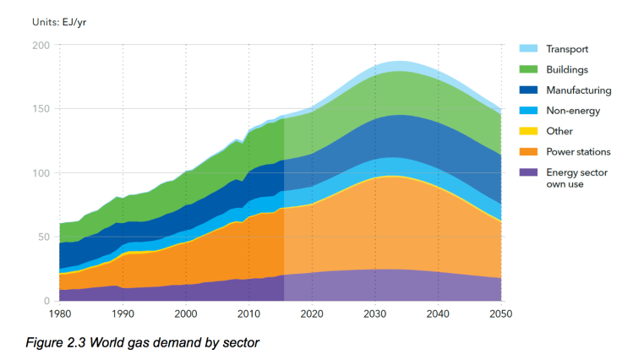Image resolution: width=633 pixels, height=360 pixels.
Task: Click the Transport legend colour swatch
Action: (527, 49)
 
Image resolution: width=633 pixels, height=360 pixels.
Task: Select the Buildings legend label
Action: (566, 69)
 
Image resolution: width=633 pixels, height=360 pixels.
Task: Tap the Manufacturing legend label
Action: (578, 90)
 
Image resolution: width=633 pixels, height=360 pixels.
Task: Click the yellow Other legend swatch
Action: (527, 131)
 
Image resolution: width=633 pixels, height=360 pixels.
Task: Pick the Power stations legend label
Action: (579, 151)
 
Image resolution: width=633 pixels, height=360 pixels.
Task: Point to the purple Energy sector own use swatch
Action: (527, 172)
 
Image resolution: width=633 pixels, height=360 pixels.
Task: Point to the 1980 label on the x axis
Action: (60, 314)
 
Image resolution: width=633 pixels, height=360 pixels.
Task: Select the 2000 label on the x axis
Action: (186, 314)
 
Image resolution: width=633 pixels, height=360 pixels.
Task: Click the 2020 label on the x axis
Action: (312, 314)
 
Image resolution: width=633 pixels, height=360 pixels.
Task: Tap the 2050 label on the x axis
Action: (500, 314)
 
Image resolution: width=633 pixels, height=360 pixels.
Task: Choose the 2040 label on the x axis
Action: (438, 314)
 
